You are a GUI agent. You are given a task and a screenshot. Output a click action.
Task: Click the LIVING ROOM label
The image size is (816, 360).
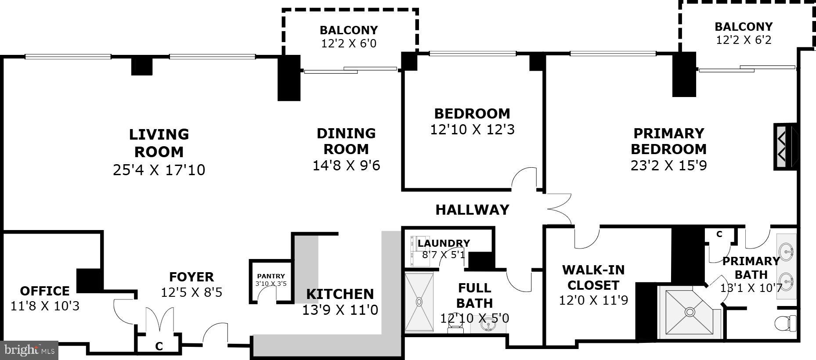159,143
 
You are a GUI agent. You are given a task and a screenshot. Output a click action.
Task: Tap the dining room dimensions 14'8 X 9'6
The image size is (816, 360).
346,166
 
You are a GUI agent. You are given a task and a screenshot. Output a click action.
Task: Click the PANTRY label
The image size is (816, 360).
271,276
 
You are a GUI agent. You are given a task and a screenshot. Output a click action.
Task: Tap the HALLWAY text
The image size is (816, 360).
472,210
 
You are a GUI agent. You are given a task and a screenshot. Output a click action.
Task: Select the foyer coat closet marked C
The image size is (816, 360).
159,346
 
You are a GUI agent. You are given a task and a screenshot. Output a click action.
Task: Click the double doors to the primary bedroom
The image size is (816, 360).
559,209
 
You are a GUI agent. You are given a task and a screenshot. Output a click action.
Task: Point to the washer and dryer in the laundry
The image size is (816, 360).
413,251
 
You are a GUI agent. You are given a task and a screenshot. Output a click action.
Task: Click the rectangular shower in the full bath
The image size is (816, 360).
419,302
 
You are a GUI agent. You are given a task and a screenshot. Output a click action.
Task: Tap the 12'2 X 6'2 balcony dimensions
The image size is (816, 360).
744,40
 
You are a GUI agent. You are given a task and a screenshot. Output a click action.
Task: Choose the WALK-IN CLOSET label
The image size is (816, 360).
593,277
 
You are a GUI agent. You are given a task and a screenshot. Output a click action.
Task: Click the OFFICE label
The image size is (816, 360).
45,291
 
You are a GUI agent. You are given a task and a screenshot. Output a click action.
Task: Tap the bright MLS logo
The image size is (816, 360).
29,350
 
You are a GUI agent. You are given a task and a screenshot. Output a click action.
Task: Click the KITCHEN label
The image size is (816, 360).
339,294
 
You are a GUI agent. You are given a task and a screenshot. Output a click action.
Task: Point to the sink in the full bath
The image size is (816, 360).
487,325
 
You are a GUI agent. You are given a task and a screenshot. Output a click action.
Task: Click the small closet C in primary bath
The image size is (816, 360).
719,235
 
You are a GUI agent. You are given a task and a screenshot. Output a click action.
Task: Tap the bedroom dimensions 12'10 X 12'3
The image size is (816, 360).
472,130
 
